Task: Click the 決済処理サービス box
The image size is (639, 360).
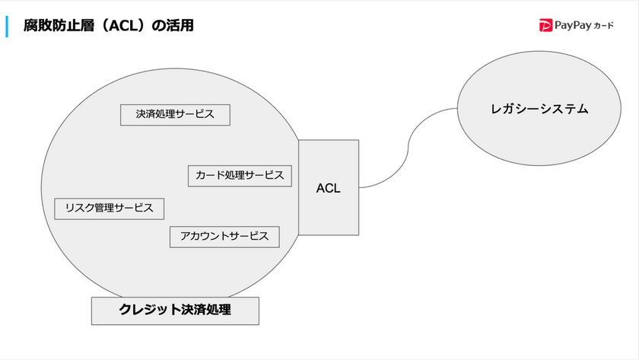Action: pyautogui.click(x=175, y=115)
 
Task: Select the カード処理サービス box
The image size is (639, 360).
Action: pyautogui.click(x=239, y=176)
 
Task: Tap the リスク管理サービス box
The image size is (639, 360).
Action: pyautogui.click(x=110, y=208)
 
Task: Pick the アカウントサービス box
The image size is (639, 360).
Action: pyautogui.click(x=224, y=237)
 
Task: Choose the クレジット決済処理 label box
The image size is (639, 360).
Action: pyautogui.click(x=175, y=311)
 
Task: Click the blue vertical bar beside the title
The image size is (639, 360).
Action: pyautogui.click(x=7, y=26)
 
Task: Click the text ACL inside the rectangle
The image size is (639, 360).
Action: pyautogui.click(x=328, y=188)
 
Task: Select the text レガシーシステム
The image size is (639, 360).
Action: pyautogui.click(x=539, y=109)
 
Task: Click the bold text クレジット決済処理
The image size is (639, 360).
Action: pyautogui.click(x=175, y=311)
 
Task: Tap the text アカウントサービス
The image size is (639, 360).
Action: pyautogui.click(x=224, y=237)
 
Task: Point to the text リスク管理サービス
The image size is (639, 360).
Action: pyautogui.click(x=110, y=208)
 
